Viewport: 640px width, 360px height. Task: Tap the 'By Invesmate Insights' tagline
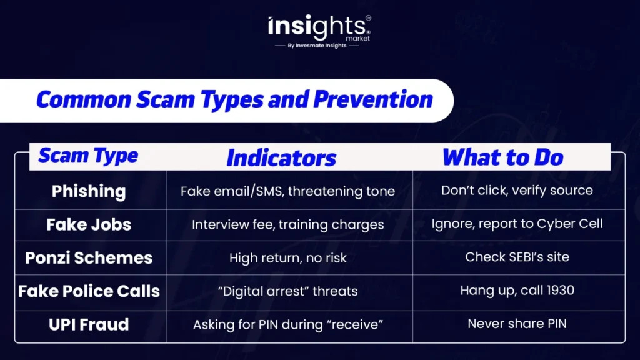[317, 46]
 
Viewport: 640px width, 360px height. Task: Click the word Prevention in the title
[373, 99]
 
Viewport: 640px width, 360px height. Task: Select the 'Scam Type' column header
[88, 156]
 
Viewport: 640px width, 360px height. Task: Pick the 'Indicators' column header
[281, 158]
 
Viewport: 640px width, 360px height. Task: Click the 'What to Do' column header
[502, 157]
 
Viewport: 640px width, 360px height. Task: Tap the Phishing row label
[89, 191]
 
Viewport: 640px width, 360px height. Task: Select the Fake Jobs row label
[89, 225]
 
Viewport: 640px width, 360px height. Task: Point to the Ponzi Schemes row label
[89, 258]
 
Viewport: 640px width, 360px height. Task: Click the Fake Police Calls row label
[89, 291]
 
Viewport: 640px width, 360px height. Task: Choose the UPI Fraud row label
[89, 325]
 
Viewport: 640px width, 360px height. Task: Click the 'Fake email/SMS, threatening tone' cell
[287, 191]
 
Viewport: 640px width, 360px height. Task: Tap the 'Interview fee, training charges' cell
[287, 225]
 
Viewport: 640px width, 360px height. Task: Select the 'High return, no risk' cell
[287, 258]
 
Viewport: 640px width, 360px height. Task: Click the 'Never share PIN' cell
[517, 324]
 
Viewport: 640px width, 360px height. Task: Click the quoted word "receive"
[355, 325]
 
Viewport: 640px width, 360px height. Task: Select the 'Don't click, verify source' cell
[517, 191]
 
